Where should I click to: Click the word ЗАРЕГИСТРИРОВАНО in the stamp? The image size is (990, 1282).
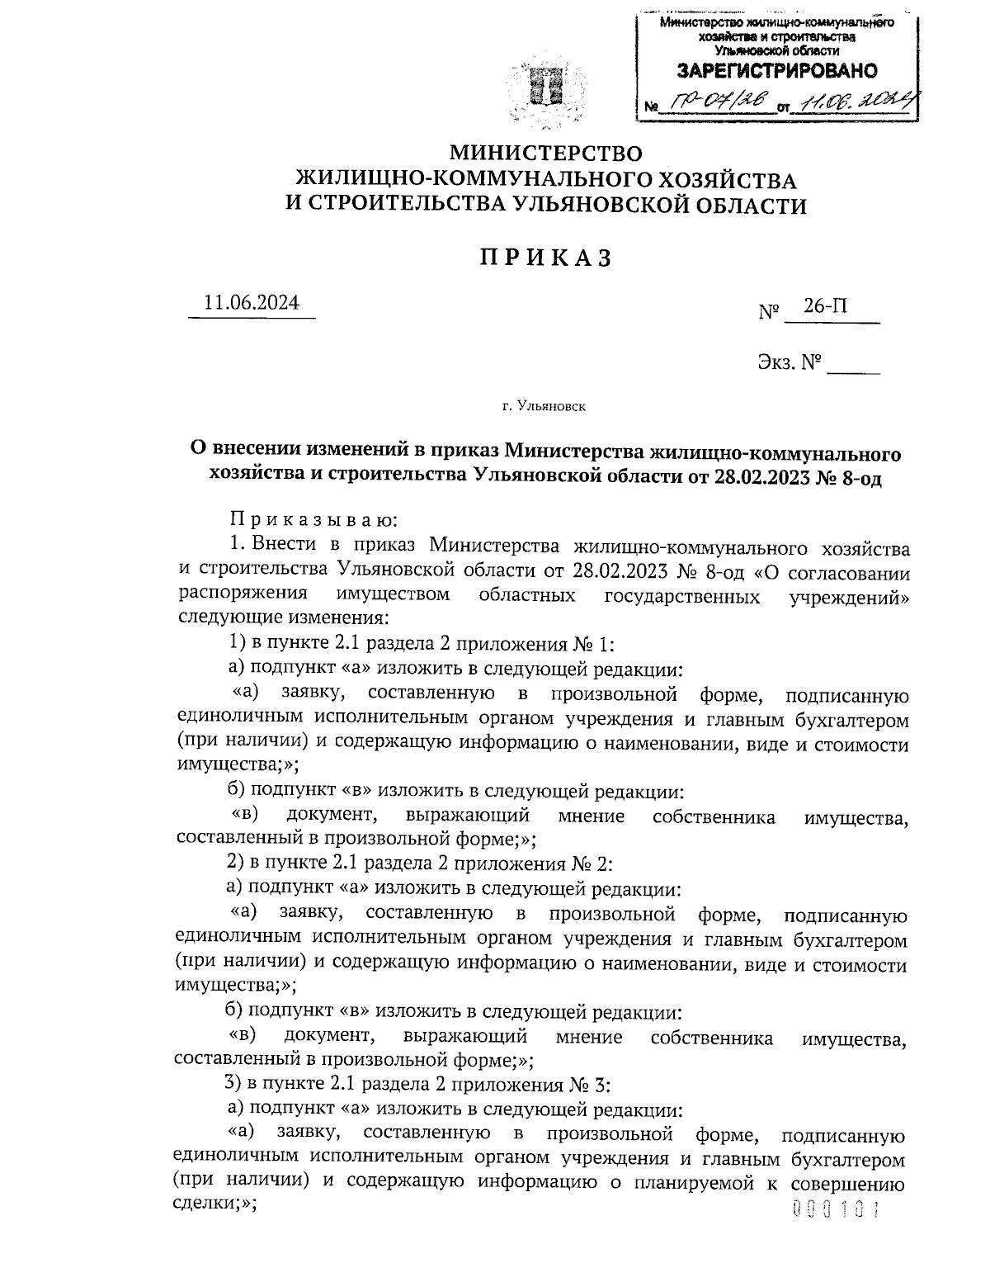(776, 71)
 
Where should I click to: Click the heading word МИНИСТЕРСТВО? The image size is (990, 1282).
(544, 153)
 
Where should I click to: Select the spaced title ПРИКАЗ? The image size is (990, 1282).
(545, 258)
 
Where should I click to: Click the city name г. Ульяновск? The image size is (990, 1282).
(544, 405)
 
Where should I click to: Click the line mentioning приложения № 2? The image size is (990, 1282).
(419, 863)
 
